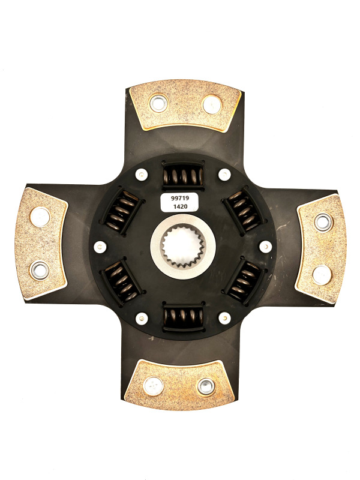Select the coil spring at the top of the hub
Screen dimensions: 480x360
184,176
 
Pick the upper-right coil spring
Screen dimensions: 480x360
244,211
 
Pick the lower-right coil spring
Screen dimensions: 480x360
244,280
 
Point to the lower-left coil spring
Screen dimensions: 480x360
121,280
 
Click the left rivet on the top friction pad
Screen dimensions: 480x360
158,104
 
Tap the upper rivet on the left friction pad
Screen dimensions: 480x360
40,215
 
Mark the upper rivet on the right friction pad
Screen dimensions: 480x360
323,222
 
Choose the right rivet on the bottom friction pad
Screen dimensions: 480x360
206,385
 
